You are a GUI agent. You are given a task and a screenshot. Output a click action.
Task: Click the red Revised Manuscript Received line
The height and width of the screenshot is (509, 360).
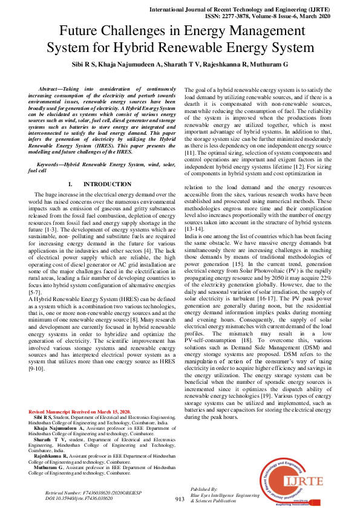80,412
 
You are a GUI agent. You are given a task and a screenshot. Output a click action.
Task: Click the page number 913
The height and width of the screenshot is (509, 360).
179,499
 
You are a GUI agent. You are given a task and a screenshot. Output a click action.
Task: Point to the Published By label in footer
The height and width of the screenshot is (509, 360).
204,488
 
